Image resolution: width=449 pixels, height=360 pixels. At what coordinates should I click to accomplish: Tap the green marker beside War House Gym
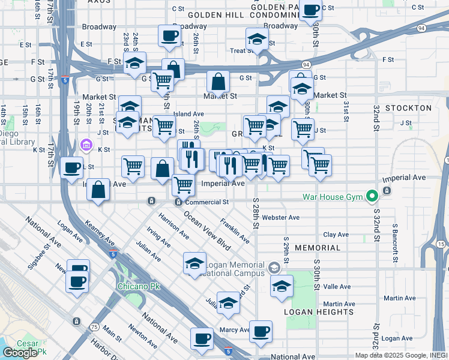tap(372, 196)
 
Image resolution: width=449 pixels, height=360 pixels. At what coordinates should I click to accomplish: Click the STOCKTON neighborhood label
tap(408, 108)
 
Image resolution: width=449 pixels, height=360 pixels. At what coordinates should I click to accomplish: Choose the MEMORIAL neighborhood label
tap(318, 247)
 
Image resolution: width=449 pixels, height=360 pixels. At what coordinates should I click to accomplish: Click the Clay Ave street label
tap(336, 235)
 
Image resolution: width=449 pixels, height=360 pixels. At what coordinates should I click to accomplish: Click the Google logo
tap(20, 353)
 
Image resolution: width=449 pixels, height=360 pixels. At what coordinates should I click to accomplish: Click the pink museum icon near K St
tap(86, 145)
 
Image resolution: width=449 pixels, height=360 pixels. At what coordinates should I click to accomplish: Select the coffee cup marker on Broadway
tap(169, 35)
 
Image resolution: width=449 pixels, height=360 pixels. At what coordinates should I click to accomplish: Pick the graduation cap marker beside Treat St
tap(257, 40)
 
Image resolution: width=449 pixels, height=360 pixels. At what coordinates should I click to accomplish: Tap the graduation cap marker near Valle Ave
tap(282, 286)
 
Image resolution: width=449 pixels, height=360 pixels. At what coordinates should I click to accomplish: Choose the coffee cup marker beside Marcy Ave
tap(261, 331)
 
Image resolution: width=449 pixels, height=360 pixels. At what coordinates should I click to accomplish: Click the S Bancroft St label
tap(395, 238)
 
